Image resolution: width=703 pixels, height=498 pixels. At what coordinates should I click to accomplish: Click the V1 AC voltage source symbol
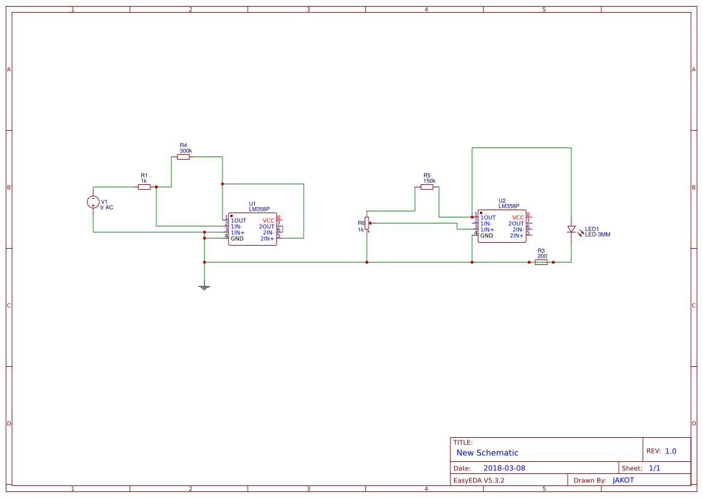click(93, 202)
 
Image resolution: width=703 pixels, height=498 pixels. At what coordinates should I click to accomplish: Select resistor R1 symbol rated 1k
click(144, 187)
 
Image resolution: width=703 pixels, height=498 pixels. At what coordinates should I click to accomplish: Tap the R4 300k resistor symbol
click(183, 157)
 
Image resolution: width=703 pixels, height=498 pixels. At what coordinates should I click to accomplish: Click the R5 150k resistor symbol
click(427, 187)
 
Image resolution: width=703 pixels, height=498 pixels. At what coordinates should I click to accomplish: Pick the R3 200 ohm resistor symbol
click(541, 263)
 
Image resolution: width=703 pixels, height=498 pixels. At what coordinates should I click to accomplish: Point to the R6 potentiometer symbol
click(367, 223)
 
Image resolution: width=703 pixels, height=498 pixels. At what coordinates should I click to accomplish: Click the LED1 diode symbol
click(571, 229)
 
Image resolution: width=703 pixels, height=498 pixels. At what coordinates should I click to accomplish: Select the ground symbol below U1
click(204, 287)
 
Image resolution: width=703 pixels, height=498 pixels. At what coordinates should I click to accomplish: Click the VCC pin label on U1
click(268, 220)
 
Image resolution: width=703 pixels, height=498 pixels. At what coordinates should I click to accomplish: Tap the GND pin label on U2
click(487, 235)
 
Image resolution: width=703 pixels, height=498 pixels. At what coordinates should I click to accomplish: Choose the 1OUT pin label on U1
click(238, 220)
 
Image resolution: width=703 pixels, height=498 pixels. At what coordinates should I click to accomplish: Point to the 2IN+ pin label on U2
click(517, 235)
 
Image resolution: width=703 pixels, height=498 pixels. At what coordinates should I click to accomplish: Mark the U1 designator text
click(253, 204)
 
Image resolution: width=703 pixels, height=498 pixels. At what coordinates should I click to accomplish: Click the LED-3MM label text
click(598, 234)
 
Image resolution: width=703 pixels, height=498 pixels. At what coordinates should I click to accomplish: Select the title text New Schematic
click(487, 453)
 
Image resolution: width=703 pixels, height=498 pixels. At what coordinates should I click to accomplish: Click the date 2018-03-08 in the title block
click(505, 468)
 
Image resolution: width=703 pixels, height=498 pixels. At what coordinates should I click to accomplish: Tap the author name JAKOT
click(623, 481)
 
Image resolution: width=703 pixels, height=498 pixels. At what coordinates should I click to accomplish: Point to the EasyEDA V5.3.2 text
click(479, 481)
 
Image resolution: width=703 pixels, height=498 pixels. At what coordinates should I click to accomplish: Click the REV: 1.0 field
click(662, 451)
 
